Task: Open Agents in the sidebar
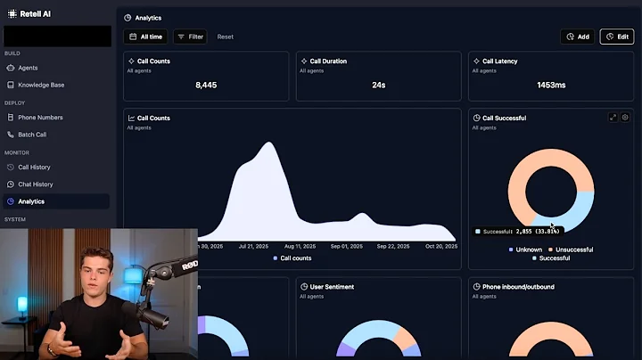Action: pos(28,68)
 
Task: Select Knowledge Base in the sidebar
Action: pos(41,85)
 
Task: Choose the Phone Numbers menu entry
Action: pos(40,118)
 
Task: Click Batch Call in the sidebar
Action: pos(32,135)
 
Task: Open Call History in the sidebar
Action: pos(34,168)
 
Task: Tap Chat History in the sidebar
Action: pos(35,184)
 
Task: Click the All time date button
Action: pos(145,37)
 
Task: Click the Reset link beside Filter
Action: pos(226,37)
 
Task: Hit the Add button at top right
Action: pos(578,37)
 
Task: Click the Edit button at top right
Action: pos(617,37)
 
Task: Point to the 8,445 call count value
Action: pos(206,86)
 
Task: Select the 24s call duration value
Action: pos(378,86)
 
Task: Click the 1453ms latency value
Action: pos(551,86)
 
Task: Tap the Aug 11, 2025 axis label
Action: pos(299,245)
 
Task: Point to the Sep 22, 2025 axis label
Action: pos(392,245)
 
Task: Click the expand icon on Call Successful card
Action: pos(613,118)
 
